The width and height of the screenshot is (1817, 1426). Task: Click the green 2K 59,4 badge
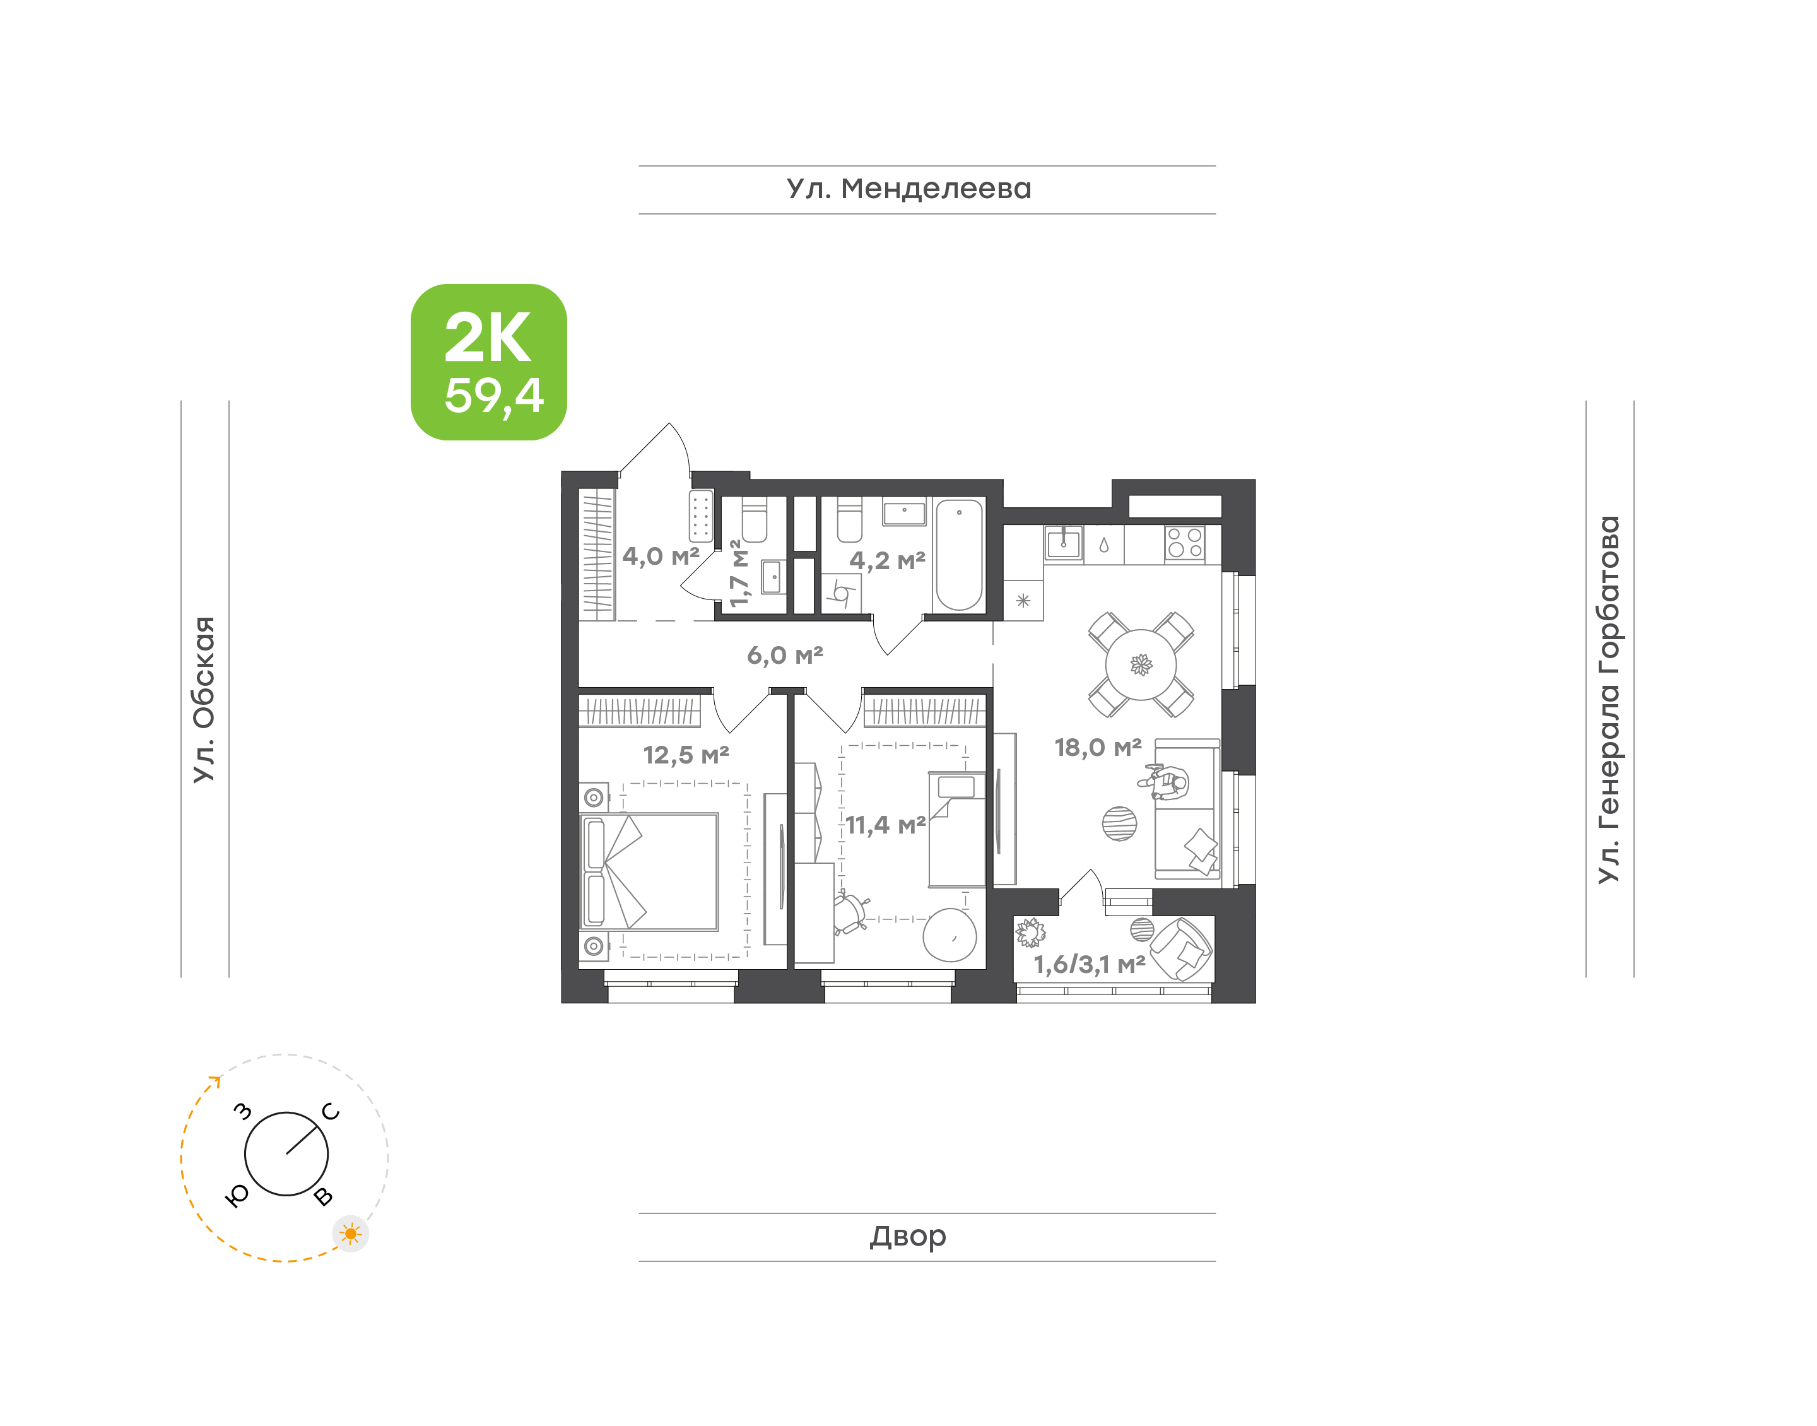pos(488,362)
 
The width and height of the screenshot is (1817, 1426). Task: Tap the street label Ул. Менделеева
pos(909,189)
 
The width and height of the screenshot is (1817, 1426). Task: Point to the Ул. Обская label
pos(204,700)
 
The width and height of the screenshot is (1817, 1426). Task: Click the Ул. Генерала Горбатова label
pos(1608,700)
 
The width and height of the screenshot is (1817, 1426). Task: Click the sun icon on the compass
pos(351,1233)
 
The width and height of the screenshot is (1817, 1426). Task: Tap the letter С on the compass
pos(331,1111)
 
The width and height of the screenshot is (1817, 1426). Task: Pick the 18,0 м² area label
pos(1098,747)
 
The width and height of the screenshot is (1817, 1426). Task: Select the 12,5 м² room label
pos(686,755)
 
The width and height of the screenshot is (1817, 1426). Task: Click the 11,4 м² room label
pos(886,825)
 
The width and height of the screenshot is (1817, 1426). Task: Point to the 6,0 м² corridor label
pos(785,656)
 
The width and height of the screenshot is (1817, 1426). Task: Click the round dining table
pos(1140,664)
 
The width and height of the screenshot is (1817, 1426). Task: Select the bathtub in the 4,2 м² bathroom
pos(959,555)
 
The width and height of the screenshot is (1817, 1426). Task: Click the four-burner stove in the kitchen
pos(1184,542)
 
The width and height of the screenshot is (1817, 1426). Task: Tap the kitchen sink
pos(1063,543)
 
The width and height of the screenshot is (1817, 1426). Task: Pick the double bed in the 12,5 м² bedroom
pos(649,871)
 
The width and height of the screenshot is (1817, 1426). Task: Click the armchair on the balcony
pos(1182,948)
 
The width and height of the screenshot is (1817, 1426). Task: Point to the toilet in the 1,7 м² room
pos(754,519)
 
